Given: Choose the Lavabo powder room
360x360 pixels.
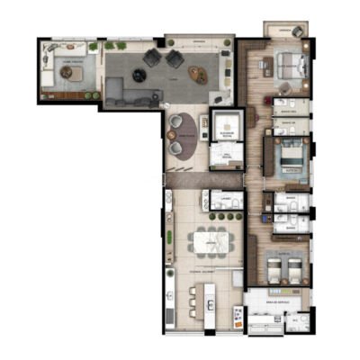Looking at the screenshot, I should coord(221,203).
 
